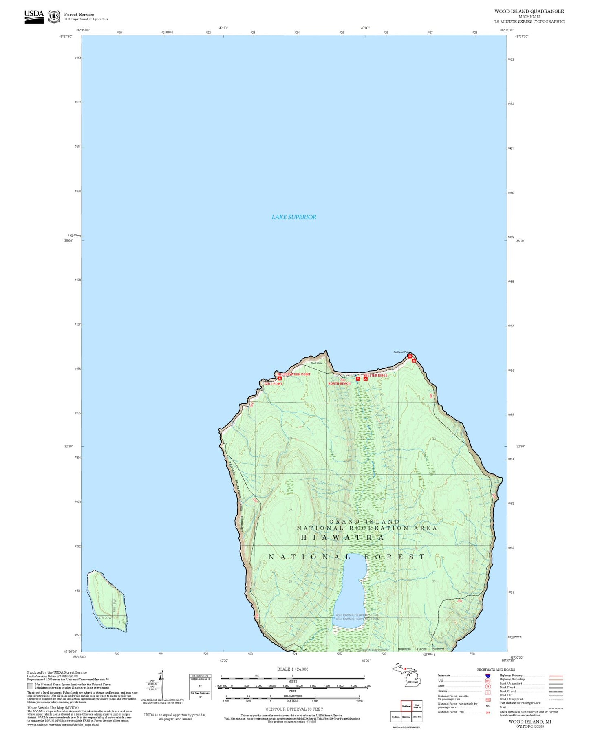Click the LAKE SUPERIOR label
293,217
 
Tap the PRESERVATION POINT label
294,374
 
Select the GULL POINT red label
273,384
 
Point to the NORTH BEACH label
339,383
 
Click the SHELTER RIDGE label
375,375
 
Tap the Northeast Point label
401,352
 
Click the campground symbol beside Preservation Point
280,378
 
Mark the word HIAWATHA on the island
342,537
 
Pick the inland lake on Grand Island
349,591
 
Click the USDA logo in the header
34,16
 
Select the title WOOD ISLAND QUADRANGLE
529,11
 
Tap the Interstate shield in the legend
488,675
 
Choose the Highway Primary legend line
556,676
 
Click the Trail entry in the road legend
556,708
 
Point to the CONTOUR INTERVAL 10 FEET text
294,709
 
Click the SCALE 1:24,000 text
293,669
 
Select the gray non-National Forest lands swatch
30,686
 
